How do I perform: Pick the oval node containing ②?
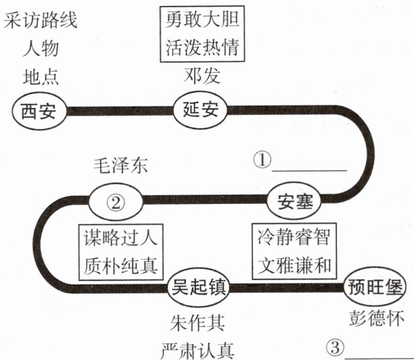[x=116, y=201]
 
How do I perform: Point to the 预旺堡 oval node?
[x=373, y=288]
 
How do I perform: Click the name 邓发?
[x=201, y=76]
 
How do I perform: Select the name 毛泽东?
[x=118, y=166]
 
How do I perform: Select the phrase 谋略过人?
[x=120, y=238]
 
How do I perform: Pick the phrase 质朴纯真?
[x=120, y=265]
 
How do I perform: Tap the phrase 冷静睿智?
[x=294, y=238]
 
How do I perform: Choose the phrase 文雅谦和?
[x=294, y=265]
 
